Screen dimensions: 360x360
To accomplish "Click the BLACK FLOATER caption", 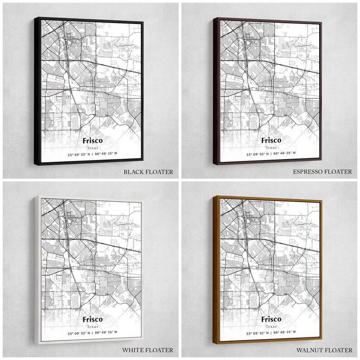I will [x=148, y=172].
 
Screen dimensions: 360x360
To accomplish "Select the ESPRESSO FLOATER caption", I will [x=322, y=172].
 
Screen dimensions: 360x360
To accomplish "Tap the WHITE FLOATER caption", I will [x=148, y=350].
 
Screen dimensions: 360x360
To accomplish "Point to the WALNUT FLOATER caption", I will [x=324, y=350].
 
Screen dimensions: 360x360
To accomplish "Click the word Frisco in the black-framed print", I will [x=92, y=140].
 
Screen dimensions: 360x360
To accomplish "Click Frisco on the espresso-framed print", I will [x=271, y=140].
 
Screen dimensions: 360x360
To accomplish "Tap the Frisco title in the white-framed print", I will [x=92, y=319].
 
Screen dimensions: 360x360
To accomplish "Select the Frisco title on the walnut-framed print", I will [x=271, y=319].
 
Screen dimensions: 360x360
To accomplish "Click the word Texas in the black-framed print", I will [x=92, y=148].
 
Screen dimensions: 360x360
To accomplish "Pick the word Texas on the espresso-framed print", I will [x=271, y=148].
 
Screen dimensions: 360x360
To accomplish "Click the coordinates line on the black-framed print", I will [x=92, y=154].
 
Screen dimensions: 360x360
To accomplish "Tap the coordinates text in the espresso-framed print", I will [x=271, y=154].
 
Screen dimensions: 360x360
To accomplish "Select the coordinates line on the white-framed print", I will [x=92, y=333].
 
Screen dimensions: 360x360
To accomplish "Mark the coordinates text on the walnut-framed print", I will [x=271, y=333].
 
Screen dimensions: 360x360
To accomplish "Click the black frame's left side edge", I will [x=36, y=91].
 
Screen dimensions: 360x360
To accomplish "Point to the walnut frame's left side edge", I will [x=215, y=270].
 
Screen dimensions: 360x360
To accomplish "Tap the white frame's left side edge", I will [x=36, y=270].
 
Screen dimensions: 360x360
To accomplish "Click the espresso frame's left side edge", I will [x=215, y=91].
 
